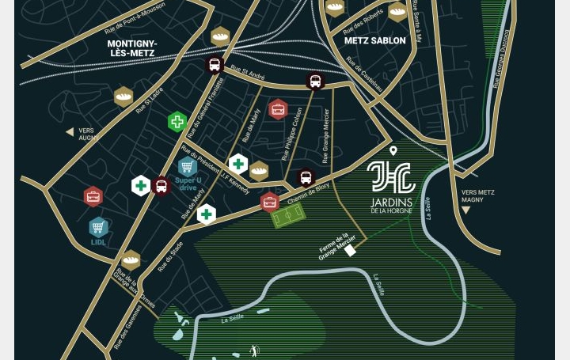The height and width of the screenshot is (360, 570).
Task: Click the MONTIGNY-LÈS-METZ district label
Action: [x=131, y=48]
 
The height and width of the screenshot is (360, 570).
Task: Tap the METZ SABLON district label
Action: [x=374, y=40]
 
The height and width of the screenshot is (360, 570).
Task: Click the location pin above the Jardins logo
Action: [x=393, y=150]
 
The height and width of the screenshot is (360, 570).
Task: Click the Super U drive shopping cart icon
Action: [x=188, y=166]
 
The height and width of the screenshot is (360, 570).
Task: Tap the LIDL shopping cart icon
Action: [x=98, y=227]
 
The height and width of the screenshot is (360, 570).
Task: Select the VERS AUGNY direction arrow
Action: [x=70, y=132]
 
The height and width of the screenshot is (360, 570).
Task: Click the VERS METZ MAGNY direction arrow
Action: [x=465, y=210]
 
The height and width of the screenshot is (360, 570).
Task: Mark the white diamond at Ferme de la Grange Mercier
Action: [x=350, y=250]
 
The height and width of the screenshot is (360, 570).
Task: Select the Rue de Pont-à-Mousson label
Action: [x=135, y=18]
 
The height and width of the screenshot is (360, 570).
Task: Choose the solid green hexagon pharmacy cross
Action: [x=177, y=122]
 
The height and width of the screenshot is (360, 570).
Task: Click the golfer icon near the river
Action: [x=254, y=350]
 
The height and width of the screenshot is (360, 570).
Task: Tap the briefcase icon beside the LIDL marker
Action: [x=93, y=196]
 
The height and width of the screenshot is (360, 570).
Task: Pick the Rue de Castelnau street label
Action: [x=365, y=75]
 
